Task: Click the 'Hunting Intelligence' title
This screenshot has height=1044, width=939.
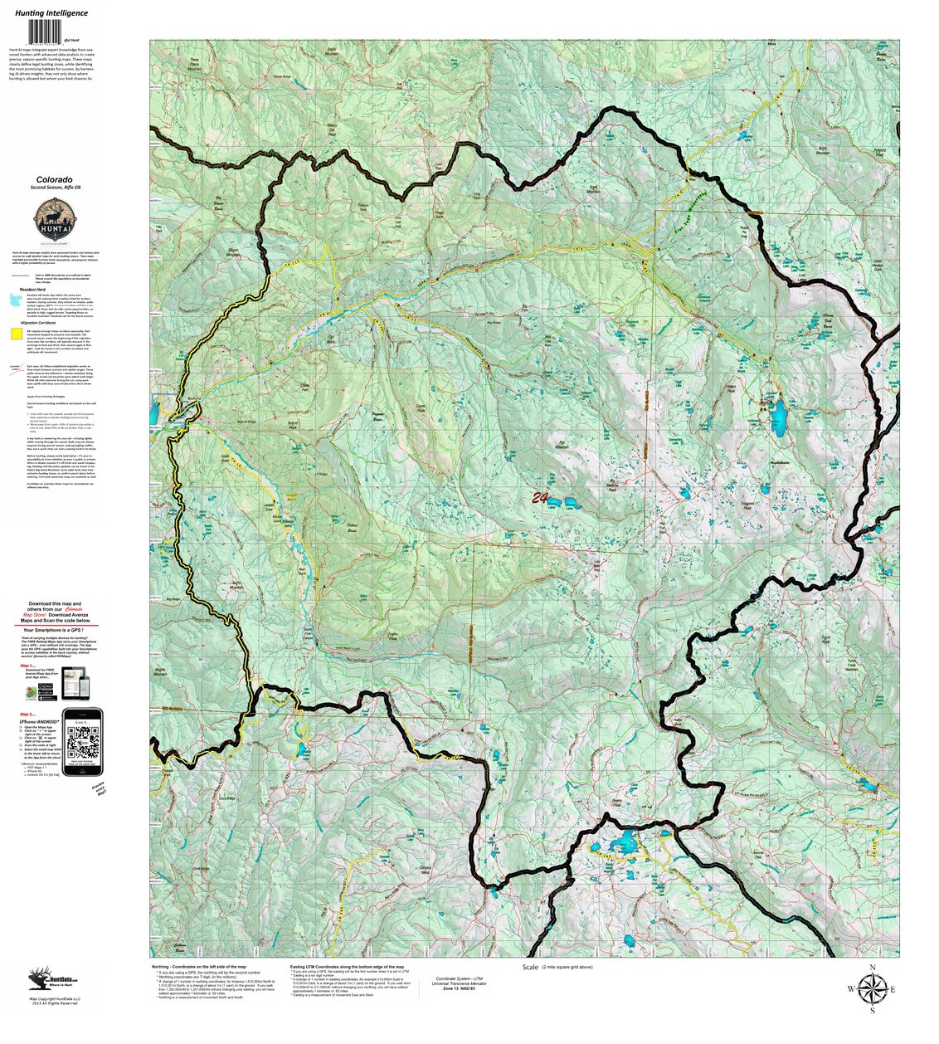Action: click(x=51, y=13)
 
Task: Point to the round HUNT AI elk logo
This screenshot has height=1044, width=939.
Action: click(x=51, y=222)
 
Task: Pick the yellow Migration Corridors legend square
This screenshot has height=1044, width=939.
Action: click(x=15, y=334)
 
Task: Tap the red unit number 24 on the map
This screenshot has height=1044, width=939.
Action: click(x=540, y=498)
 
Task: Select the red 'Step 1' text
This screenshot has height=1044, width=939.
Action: click(x=27, y=666)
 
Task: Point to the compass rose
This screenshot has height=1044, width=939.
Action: click(x=871, y=988)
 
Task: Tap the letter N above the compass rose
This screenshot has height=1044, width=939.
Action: click(x=872, y=968)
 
